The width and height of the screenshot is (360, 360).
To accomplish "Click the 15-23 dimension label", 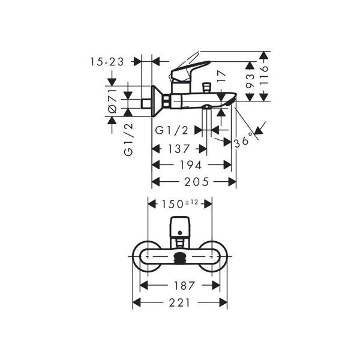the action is pyautogui.click(x=107, y=62).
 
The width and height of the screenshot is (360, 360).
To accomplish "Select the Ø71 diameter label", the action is pyautogui.click(x=113, y=101).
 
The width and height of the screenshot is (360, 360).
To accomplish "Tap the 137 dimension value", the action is pyautogui.click(x=179, y=149).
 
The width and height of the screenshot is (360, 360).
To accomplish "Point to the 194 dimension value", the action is pyautogui.click(x=191, y=165).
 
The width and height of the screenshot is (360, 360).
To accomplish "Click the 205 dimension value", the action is pyautogui.click(x=197, y=182).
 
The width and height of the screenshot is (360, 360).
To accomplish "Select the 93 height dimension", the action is pyautogui.click(x=250, y=81).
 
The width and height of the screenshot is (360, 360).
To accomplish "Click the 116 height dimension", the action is pyautogui.click(x=264, y=76).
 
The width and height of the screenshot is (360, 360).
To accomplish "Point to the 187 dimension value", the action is pyautogui.click(x=185, y=286).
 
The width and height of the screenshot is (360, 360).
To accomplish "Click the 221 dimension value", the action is pyautogui.click(x=180, y=302).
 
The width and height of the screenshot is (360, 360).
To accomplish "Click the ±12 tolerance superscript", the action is pyautogui.click(x=191, y=202).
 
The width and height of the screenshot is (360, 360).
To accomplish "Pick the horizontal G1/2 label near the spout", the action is pyautogui.click(x=172, y=130).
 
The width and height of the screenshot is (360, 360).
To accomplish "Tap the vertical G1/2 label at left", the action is pyautogui.click(x=128, y=140).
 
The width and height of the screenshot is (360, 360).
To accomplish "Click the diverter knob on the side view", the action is pyautogui.click(x=206, y=88).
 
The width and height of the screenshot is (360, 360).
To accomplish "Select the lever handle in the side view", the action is pyautogui.click(x=190, y=71).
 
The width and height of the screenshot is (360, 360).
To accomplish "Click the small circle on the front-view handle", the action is pyautogui.click(x=180, y=233).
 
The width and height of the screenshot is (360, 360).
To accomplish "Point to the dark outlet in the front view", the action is pyautogui.click(x=180, y=257).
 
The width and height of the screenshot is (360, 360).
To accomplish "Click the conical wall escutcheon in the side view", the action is pyautogui.click(x=157, y=101).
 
